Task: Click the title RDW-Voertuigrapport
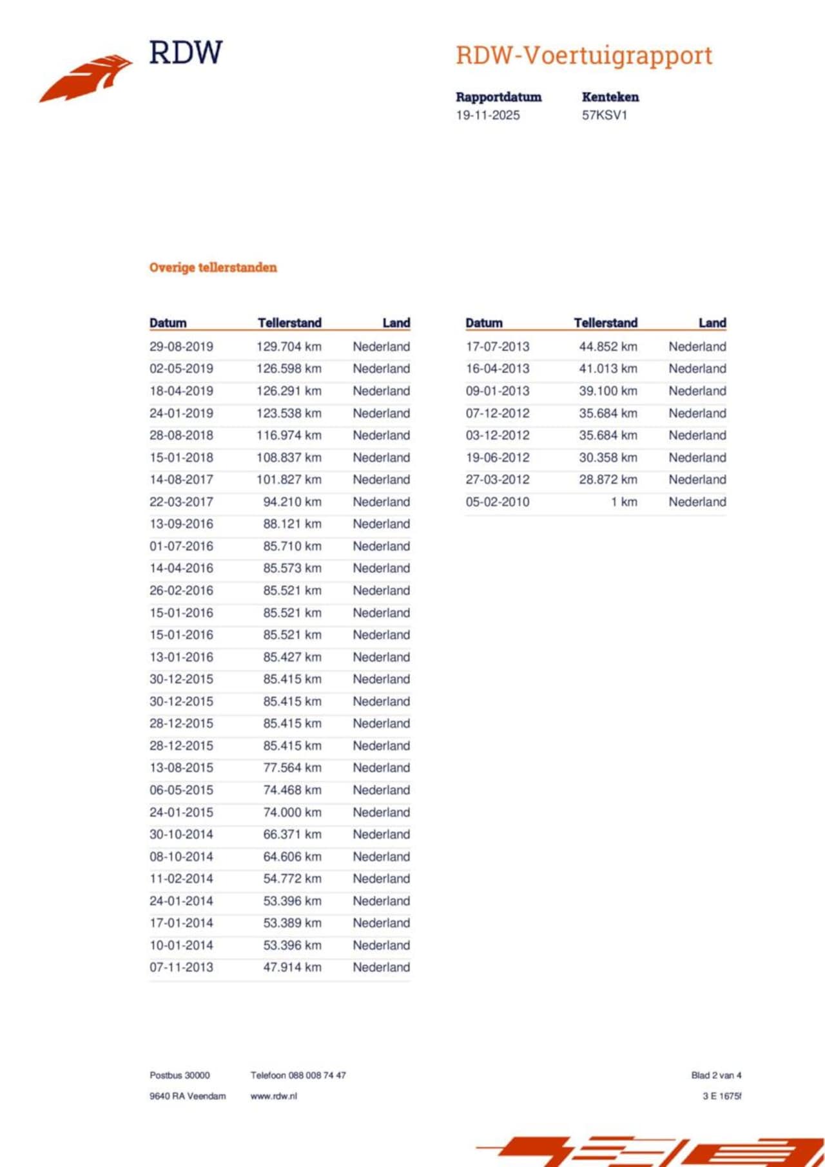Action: pos(583,55)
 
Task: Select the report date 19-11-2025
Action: pos(487,115)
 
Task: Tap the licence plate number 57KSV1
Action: pos(604,115)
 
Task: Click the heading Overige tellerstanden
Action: pos(213,267)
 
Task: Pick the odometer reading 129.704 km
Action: pos(288,346)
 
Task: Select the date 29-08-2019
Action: pos(181,346)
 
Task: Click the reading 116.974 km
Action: pos(288,435)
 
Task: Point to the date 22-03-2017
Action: pos(181,502)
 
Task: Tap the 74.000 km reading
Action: pos(291,812)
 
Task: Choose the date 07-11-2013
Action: pos(181,967)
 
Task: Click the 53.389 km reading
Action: pos(291,923)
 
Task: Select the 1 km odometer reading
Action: pos(624,502)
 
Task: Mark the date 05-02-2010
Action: pos(498,502)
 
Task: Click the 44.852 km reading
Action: pos(608,346)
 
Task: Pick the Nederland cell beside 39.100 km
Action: pos(697,391)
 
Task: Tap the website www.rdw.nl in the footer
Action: pos(273,1096)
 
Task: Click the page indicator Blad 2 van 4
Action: pos(716,1076)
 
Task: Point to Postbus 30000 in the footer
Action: pos(180,1076)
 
